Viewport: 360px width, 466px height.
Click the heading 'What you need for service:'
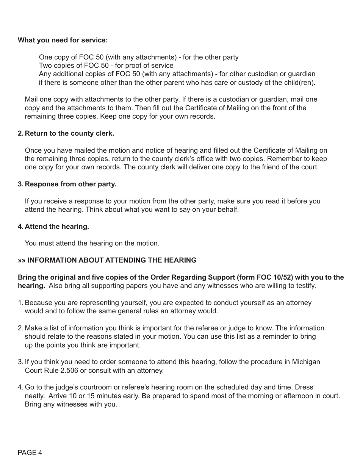pos(63,40)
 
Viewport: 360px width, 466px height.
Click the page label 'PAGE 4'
pos(30,453)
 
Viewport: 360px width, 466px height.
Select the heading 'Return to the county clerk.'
pos(69,133)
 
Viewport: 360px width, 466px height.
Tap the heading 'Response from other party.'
pos(70,184)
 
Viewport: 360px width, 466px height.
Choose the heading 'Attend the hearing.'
pos(57,227)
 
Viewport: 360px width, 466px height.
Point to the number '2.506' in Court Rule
pos(70,371)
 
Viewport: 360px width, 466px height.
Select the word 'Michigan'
pos(306,362)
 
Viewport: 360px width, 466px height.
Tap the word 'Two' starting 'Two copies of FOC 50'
pos(45,66)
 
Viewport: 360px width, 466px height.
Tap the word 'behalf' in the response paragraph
pos(228,210)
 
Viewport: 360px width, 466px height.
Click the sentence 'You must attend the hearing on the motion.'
pos(92,243)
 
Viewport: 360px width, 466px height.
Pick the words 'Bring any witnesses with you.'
pos(71,404)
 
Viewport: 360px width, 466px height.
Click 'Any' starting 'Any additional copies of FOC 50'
pos(45,74)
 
